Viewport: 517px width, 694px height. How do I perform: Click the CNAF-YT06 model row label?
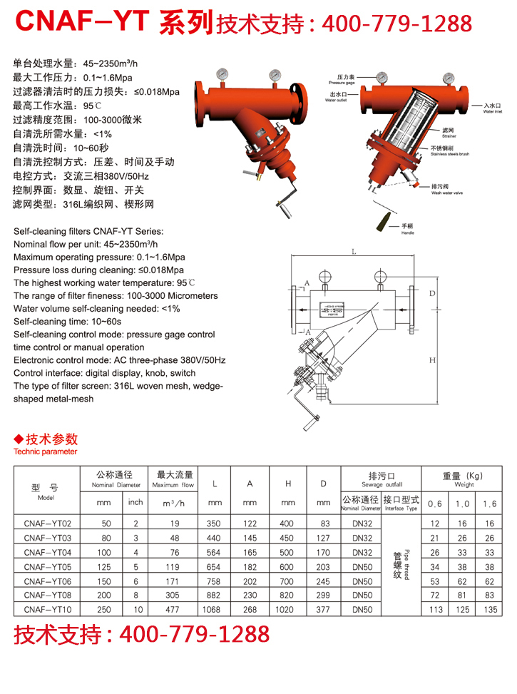point(46,581)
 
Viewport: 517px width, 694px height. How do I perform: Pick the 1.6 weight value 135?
point(489,610)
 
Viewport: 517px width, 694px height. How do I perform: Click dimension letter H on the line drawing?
point(432,361)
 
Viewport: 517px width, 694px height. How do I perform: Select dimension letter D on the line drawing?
point(432,294)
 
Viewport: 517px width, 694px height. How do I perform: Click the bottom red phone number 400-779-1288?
point(193,634)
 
